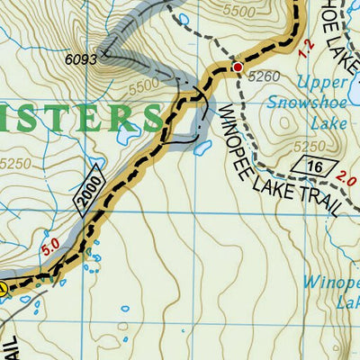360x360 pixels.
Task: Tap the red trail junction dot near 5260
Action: click(238, 67)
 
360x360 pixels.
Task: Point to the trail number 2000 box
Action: click(90, 192)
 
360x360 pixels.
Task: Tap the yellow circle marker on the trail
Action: click(3, 289)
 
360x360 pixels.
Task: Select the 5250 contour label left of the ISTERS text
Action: click(19, 166)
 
